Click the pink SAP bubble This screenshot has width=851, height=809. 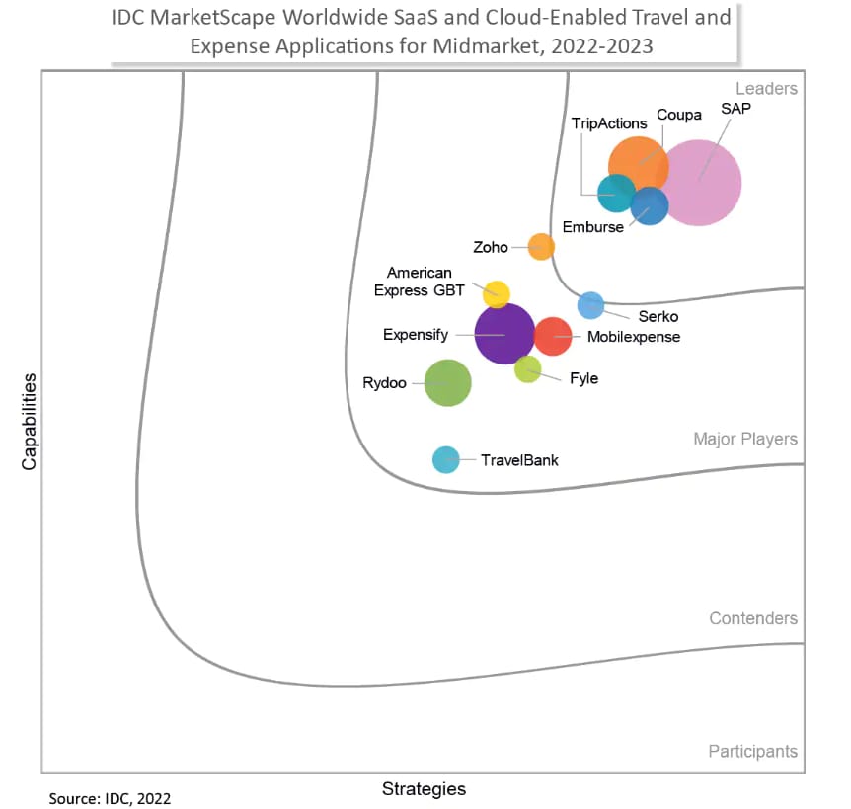[700, 183]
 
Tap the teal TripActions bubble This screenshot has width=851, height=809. [616, 192]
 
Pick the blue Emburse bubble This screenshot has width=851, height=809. [650, 206]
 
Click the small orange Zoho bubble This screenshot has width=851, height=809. [541, 246]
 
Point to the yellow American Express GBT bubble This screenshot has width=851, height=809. [497, 293]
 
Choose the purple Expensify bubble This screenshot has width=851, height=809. [504, 334]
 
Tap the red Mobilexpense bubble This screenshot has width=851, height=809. [553, 336]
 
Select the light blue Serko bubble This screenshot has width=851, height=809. [590, 305]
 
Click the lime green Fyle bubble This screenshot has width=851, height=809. [528, 369]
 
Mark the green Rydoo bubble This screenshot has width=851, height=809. [447, 382]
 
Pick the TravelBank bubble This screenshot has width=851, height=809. [446, 459]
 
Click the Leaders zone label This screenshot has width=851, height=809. [766, 89]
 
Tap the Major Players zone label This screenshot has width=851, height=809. [744, 439]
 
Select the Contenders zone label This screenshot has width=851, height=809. [752, 618]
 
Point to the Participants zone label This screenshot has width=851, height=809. [752, 752]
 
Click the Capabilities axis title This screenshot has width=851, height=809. [30, 421]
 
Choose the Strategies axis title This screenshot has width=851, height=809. [424, 788]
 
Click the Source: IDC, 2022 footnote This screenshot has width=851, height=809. [103, 797]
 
